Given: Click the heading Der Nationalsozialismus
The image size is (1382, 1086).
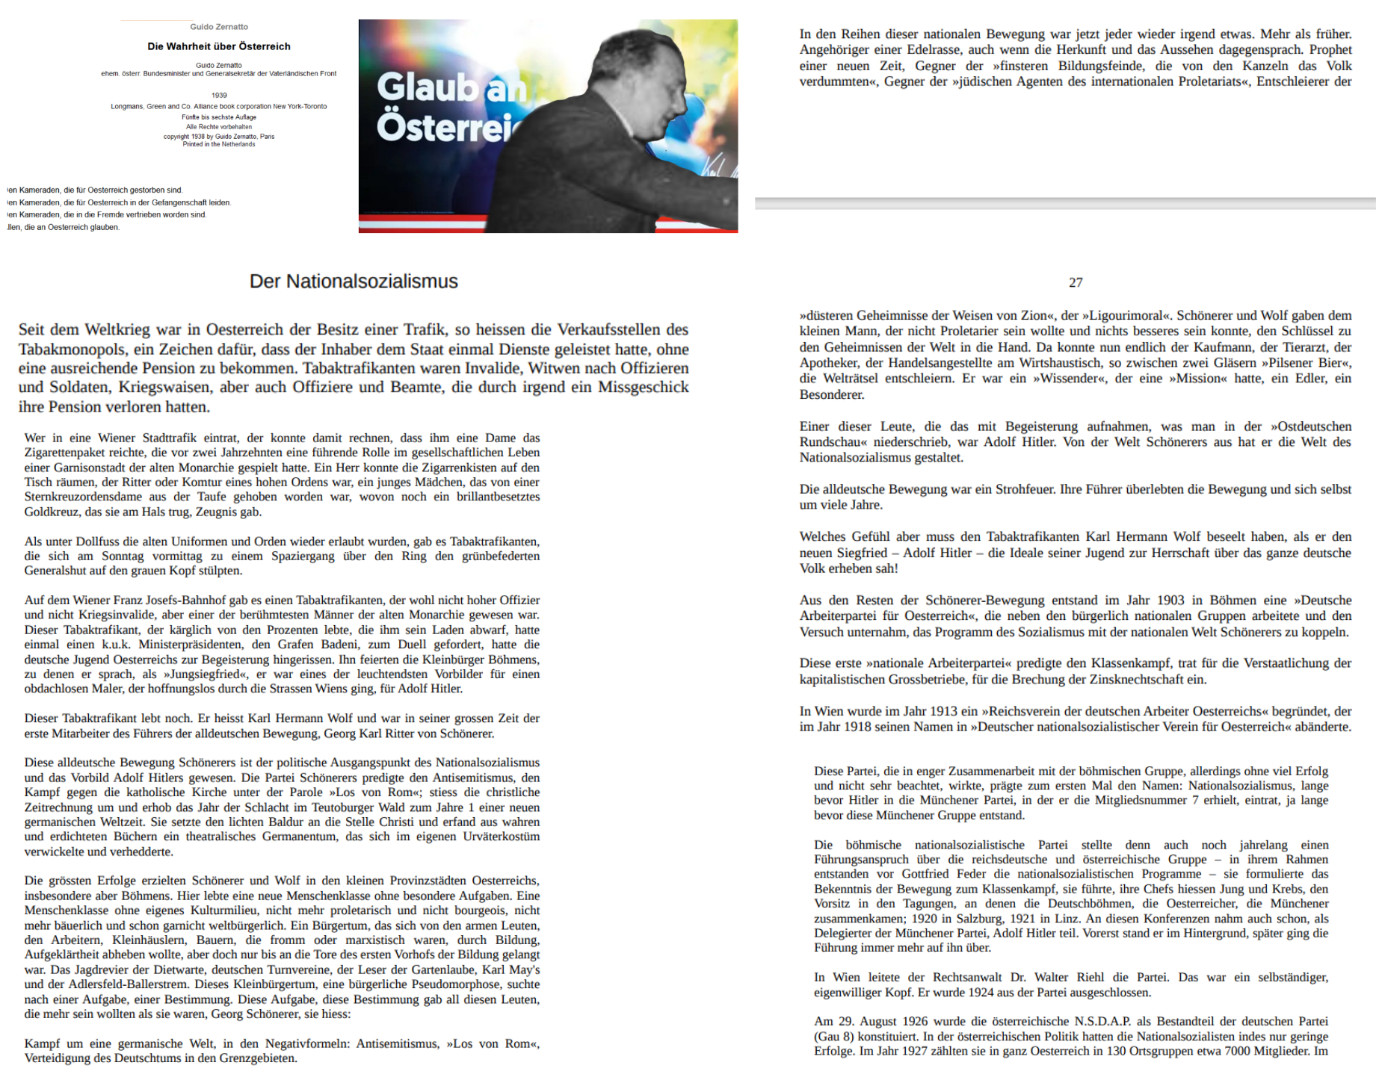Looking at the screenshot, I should [x=354, y=282].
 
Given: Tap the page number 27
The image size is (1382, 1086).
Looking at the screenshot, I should [x=1076, y=282].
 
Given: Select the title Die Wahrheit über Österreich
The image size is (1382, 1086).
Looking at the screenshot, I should [x=219, y=46].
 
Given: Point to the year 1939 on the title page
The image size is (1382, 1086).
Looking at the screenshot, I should [x=219, y=95].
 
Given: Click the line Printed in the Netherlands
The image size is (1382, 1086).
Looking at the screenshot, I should [x=219, y=144].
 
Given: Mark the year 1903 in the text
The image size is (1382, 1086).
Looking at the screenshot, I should [x=1170, y=601].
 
